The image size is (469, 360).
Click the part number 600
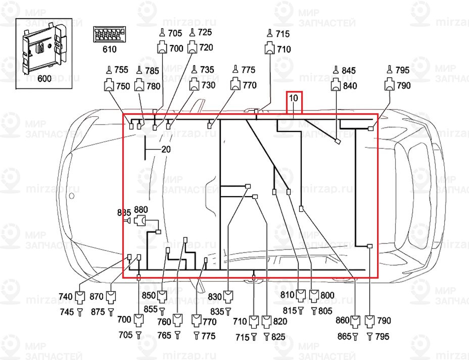(x=44, y=79)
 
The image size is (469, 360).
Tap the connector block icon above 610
(x=109, y=35)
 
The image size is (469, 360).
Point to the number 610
(x=109, y=49)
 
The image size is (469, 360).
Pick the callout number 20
(x=166, y=150)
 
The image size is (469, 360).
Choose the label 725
(x=205, y=33)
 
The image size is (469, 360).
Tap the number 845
(x=349, y=70)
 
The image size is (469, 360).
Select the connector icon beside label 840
(x=336, y=86)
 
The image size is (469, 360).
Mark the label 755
(x=122, y=70)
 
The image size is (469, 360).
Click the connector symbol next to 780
(x=139, y=86)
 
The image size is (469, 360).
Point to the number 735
(x=207, y=70)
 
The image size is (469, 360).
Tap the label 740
(x=66, y=297)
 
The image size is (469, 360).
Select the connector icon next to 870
(x=111, y=297)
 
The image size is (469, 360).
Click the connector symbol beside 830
(x=229, y=296)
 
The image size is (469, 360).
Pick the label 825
(x=278, y=336)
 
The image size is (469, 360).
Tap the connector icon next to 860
(x=356, y=321)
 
